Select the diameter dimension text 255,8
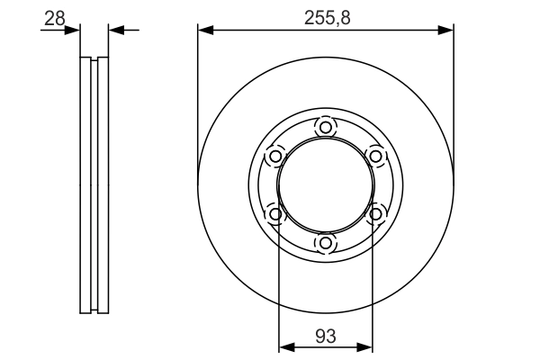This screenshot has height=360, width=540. (325, 16)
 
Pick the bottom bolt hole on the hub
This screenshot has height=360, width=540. (325, 243)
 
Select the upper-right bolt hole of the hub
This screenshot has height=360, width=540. (375, 156)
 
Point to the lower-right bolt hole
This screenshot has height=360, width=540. (375, 213)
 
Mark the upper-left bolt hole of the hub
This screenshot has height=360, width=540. (274, 156)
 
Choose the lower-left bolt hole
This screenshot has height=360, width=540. (274, 213)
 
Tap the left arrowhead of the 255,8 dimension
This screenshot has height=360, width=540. (204, 31)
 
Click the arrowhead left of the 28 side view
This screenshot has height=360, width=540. (74, 31)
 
